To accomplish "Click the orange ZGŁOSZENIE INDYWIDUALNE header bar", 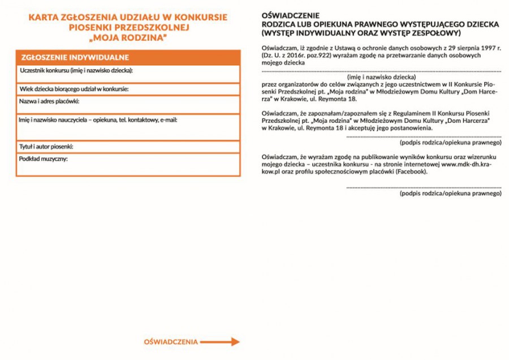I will [128, 58].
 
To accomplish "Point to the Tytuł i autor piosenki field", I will [128, 147].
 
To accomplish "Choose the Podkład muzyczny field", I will [128, 165].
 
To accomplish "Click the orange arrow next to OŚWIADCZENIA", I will [221, 342].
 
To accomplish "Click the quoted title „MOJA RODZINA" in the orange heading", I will [127, 37].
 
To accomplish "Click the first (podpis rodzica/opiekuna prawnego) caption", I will [451, 143].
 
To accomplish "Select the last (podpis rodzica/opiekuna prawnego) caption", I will [451, 193].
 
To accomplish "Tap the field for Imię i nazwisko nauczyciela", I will [128, 127].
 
